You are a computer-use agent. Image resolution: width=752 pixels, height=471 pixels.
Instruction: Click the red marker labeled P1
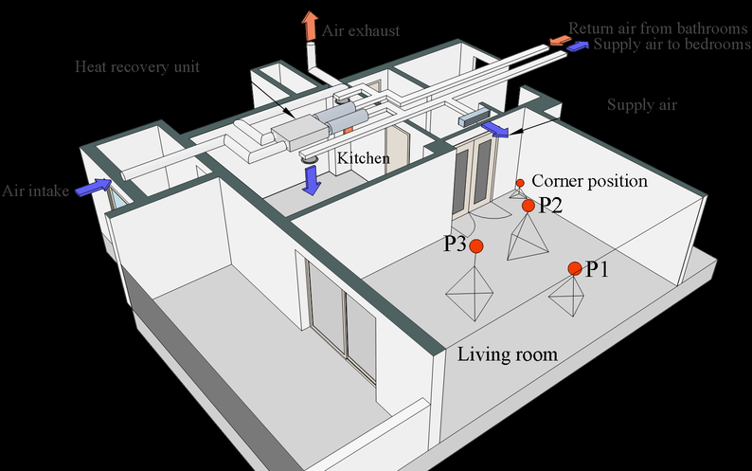(575, 269)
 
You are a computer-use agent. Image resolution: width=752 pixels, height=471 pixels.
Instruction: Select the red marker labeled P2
(528, 206)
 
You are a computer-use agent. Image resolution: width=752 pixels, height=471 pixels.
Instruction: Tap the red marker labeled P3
(476, 245)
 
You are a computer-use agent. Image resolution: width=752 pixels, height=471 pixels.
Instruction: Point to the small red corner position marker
(519, 182)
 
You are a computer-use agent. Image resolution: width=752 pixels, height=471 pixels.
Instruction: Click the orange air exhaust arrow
(310, 26)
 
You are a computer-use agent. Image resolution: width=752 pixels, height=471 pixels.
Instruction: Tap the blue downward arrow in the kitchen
(310, 178)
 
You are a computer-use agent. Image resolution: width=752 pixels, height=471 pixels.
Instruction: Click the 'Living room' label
(507, 355)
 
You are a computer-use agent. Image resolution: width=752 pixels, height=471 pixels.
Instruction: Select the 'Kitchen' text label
(364, 158)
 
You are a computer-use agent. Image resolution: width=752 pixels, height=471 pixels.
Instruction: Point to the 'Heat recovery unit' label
(137, 67)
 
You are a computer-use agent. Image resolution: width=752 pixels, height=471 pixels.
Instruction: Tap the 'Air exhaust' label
(360, 30)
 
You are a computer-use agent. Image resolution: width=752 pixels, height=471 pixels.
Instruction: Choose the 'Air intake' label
(35, 190)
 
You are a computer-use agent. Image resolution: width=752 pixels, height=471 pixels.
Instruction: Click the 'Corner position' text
(589, 180)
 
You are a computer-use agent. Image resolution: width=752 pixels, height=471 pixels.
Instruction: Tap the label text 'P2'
(550, 205)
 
